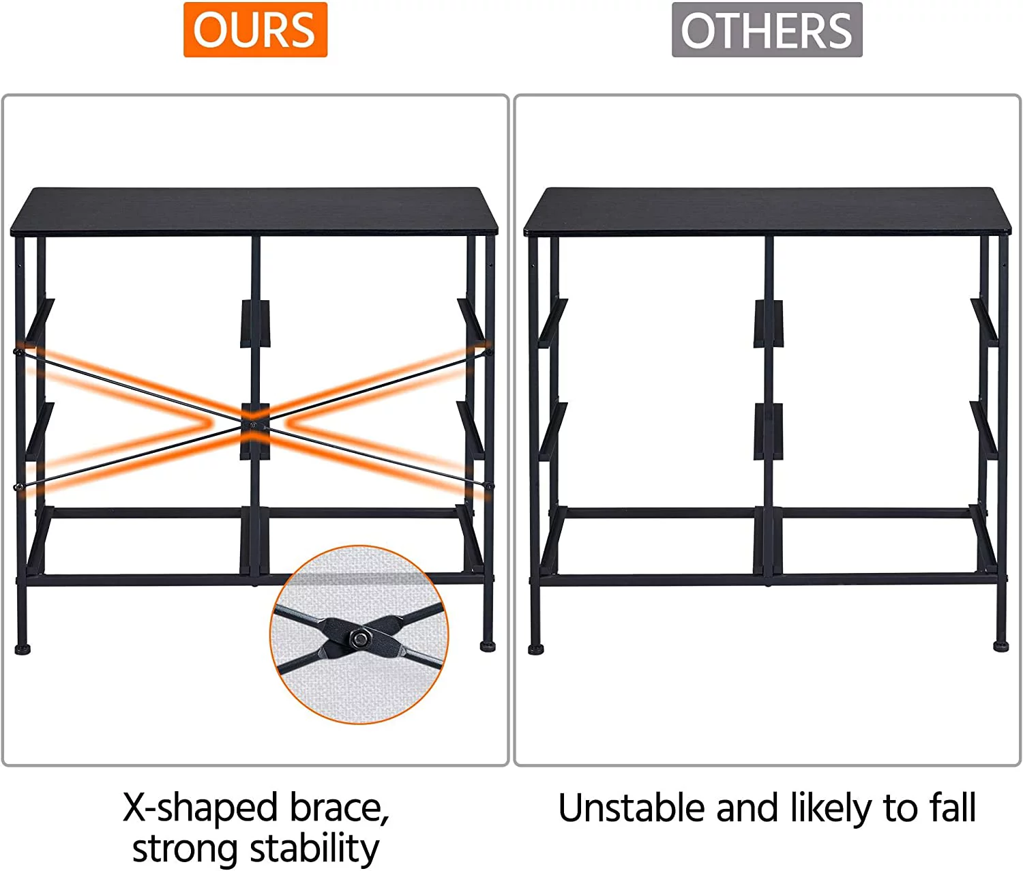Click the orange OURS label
(x=255, y=30)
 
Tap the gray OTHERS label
(x=767, y=30)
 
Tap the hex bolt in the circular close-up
(x=357, y=638)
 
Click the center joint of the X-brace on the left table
(x=254, y=425)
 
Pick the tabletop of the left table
(x=254, y=211)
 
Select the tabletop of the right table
(x=768, y=211)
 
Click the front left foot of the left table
(x=23, y=649)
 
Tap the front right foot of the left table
(x=488, y=647)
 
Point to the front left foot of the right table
(x=536, y=649)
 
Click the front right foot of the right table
(x=1000, y=647)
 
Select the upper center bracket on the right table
(x=769, y=324)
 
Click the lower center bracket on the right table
(x=769, y=432)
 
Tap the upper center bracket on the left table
(x=255, y=324)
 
